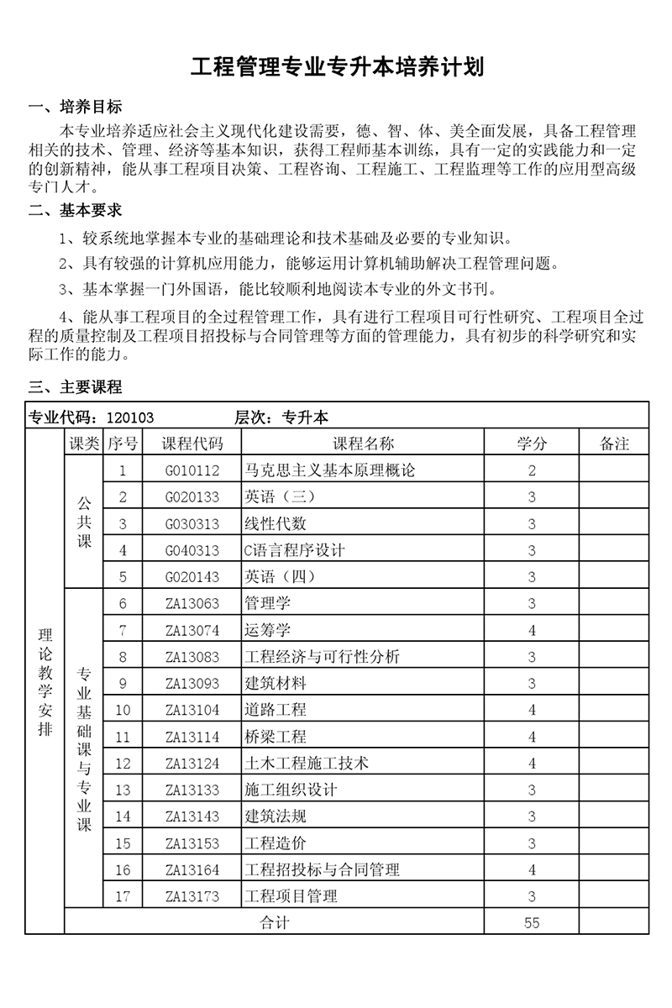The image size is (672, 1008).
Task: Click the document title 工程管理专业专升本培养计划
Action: (337, 66)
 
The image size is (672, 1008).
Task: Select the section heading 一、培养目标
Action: (75, 107)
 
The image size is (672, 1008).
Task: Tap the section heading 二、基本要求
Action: (75, 210)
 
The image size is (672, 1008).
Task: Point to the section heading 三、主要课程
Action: (75, 387)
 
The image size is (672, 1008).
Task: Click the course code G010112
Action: (192, 470)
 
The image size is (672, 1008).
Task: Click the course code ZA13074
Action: (192, 630)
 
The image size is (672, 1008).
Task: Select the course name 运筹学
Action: (267, 630)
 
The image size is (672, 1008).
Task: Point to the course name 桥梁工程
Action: (276, 738)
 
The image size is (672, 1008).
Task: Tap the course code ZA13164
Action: (192, 870)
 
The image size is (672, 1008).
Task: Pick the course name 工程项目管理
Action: (291, 896)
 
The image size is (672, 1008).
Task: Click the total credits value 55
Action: (532, 922)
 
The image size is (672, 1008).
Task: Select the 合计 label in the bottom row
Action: (275, 922)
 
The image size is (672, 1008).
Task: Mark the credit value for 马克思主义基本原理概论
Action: (532, 470)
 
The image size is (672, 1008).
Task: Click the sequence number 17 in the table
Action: (123, 896)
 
